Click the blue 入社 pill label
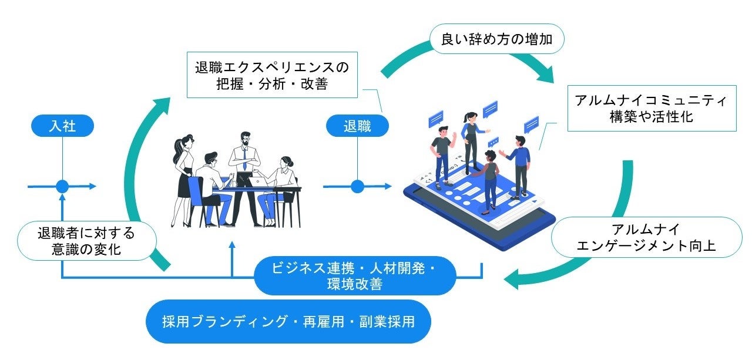tap(62, 126)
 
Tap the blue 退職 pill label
tap(357, 126)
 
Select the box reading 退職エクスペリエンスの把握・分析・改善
tap(272, 75)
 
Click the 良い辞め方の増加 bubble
tap(497, 39)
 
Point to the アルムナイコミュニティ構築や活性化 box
tap(652, 109)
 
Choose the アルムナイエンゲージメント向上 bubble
tap(647, 237)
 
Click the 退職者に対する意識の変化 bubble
tap(86, 241)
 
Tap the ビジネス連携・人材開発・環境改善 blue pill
tap(355, 276)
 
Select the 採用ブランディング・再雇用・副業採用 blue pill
tap(288, 321)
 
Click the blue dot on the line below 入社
tap(62, 187)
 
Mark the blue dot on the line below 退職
tap(357, 187)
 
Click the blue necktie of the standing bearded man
tap(244, 158)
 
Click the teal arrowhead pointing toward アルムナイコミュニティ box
tap(545, 75)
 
